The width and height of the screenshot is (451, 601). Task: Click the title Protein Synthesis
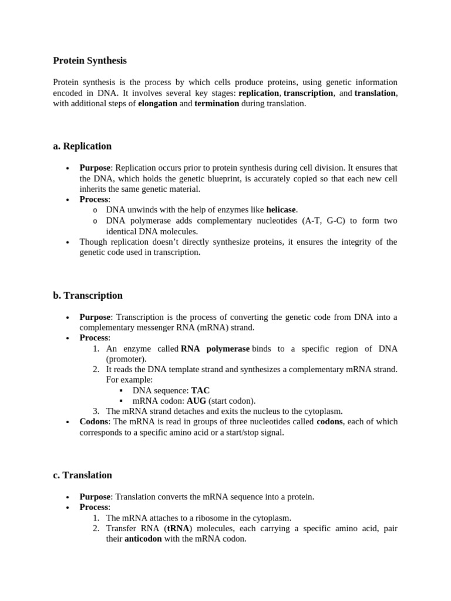click(x=89, y=60)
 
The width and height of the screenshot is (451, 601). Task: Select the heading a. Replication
click(x=82, y=146)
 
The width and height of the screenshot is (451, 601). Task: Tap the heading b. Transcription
click(x=87, y=295)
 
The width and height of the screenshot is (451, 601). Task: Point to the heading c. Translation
click(x=82, y=475)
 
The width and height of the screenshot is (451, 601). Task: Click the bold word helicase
click(x=281, y=210)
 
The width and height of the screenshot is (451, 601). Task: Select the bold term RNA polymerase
click(x=215, y=349)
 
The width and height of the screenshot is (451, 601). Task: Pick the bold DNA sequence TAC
click(x=200, y=390)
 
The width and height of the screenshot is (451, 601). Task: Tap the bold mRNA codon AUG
click(x=196, y=401)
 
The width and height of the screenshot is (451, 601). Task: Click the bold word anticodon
click(x=143, y=539)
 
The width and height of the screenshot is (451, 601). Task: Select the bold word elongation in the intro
click(x=157, y=103)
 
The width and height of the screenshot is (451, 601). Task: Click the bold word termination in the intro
click(x=217, y=103)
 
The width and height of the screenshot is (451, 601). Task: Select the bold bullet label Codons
click(x=94, y=421)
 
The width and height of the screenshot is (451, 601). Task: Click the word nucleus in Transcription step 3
click(x=250, y=411)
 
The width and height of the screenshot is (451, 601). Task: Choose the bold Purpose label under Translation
click(x=95, y=497)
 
